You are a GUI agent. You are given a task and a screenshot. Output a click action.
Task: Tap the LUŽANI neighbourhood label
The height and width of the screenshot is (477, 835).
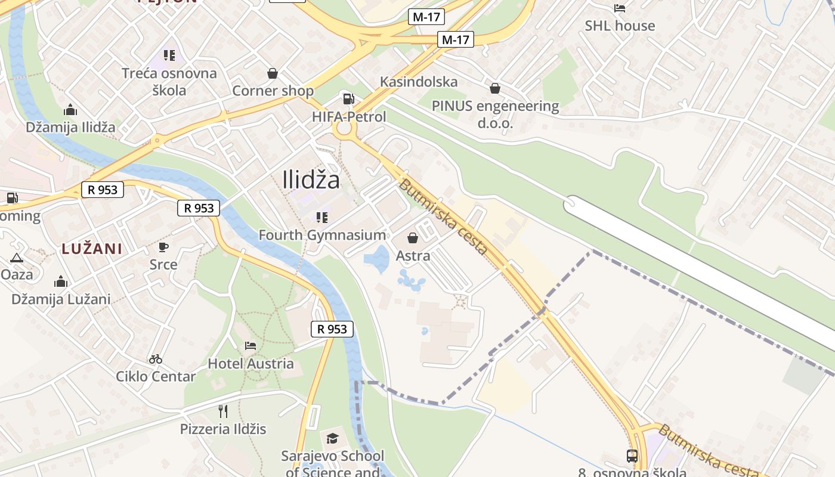coord(92,249)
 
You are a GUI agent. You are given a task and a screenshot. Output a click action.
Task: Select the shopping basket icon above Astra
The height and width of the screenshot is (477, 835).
coord(413,238)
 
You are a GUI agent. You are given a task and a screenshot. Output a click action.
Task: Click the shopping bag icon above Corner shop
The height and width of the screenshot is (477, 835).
coord(273,73)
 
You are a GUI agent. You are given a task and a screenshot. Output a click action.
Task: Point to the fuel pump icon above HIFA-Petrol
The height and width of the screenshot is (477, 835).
coord(348,99)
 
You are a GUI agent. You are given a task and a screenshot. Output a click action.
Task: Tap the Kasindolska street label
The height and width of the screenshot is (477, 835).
coord(419,82)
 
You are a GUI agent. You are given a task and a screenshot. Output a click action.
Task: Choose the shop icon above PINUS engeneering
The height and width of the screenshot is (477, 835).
coord(494,89)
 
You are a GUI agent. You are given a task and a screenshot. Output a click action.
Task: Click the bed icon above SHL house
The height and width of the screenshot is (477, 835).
coord(620,8)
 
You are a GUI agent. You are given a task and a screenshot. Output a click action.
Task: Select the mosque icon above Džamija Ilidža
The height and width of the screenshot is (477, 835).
coord(70,110)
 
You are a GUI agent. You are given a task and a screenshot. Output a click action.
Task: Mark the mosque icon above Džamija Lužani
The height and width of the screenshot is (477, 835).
coord(61,282)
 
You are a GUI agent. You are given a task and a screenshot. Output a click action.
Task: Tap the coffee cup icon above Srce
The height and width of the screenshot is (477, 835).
coord(163,247)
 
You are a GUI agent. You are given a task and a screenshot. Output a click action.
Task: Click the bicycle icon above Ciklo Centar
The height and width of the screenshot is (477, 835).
coord(156,359)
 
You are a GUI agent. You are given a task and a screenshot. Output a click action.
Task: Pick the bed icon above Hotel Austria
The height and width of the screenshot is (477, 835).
coord(250,346)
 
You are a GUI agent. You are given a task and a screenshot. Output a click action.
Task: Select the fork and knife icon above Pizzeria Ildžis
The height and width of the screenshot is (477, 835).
coord(223,411)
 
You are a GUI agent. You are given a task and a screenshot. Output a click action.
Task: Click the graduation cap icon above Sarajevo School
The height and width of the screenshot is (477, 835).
coord(332,439)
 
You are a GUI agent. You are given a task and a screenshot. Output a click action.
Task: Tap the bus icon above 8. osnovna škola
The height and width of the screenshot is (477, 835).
coord(632,456)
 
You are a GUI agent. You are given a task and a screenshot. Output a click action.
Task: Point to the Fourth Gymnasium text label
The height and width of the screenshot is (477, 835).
coord(322,235)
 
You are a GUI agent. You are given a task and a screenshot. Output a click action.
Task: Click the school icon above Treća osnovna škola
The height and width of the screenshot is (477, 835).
coord(169,55)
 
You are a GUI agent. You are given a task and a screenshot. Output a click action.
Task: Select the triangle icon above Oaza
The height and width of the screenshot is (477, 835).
coord(17,258)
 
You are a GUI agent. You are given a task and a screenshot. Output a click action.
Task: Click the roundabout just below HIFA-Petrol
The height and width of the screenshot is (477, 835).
coord(345,129)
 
